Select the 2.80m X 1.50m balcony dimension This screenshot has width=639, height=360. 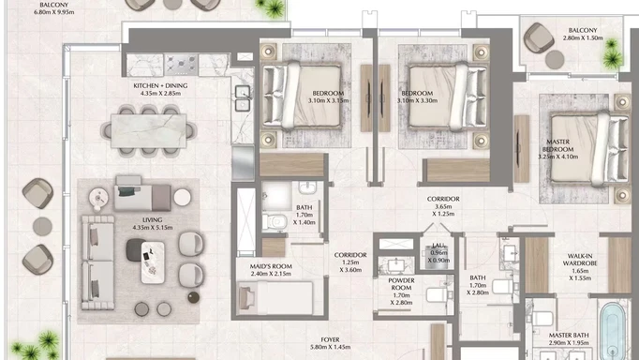583,40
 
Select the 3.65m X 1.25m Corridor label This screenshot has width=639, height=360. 441,205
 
